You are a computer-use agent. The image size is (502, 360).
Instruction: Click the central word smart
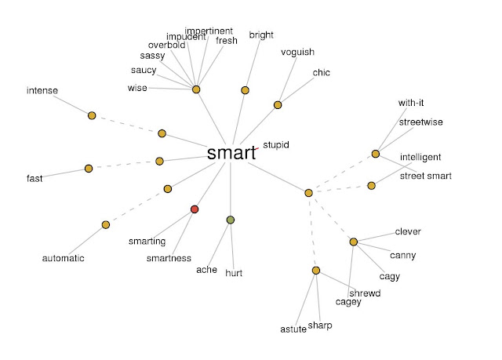click(232, 153)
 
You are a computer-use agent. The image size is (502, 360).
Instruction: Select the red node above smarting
click(195, 209)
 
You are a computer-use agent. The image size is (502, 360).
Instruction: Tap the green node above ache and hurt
click(231, 220)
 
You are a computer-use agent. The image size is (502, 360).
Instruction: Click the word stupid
click(276, 145)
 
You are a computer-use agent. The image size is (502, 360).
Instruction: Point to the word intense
click(42, 90)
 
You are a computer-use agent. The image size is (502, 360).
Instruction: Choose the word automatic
click(63, 258)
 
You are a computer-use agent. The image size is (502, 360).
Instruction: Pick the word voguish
click(297, 53)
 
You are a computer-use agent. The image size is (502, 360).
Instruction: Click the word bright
click(261, 35)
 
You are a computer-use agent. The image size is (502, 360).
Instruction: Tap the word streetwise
click(421, 122)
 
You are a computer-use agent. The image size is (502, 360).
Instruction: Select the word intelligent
click(420, 157)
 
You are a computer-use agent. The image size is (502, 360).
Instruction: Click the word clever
click(408, 231)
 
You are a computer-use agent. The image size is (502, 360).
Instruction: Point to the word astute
click(293, 329)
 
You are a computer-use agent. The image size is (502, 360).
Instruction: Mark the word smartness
click(169, 258)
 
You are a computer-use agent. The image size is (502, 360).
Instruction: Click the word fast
click(35, 178)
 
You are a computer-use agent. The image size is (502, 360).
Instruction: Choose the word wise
click(137, 88)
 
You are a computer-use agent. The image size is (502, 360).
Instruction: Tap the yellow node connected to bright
click(245, 90)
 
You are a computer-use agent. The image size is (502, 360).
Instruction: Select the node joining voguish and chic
click(278, 105)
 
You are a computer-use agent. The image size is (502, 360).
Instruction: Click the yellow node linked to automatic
click(106, 224)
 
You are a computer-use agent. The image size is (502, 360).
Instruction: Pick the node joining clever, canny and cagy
click(354, 242)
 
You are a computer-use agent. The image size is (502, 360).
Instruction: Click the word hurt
click(234, 273)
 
